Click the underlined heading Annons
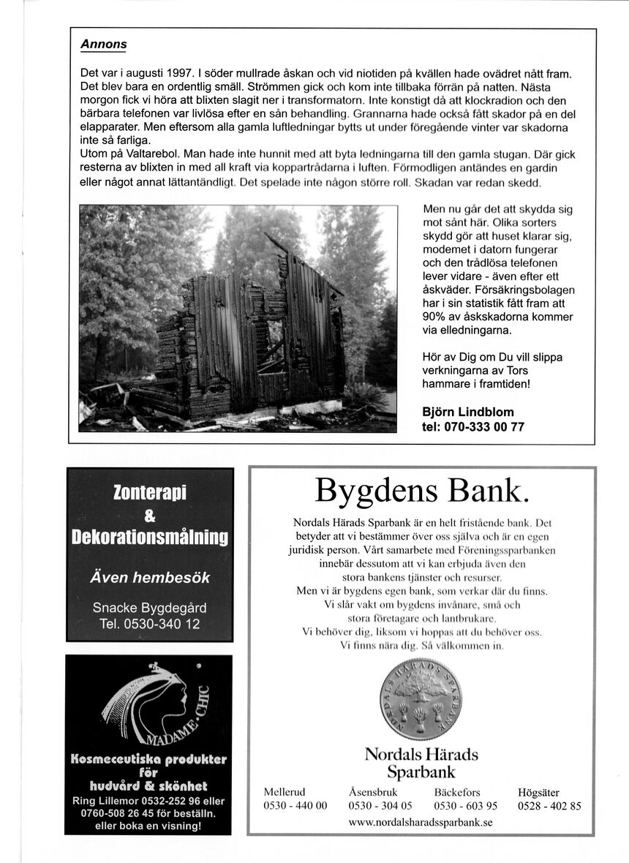tap(103, 45)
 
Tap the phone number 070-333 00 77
tap(473, 427)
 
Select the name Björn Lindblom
tap(468, 412)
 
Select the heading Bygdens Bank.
tap(421, 490)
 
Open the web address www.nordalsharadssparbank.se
tap(421, 822)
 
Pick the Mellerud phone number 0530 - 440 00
tap(295, 806)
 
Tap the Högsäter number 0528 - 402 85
tap(549, 806)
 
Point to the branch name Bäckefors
tap(457, 792)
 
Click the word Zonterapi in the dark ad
tap(150, 493)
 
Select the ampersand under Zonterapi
tap(149, 516)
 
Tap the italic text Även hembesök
tap(149, 577)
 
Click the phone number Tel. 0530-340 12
tap(149, 624)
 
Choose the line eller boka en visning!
tap(148, 826)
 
